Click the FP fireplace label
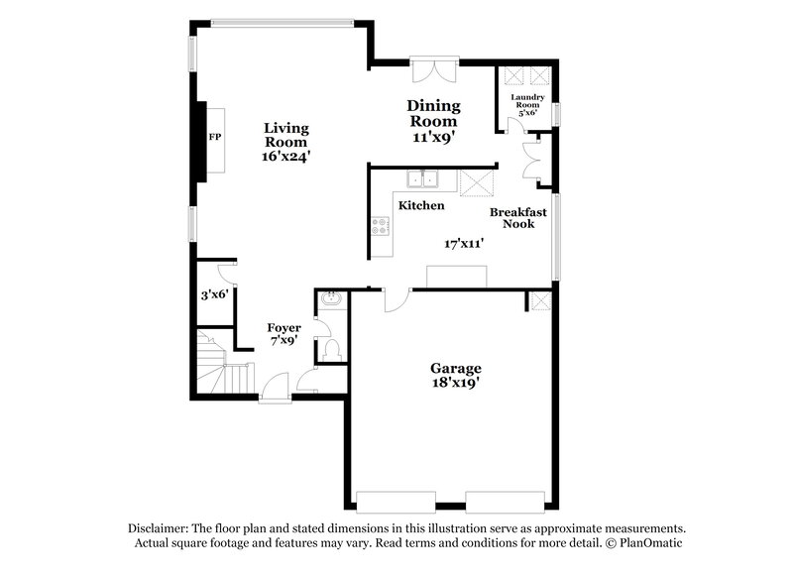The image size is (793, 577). click(x=213, y=138)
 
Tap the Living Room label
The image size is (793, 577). click(x=286, y=142)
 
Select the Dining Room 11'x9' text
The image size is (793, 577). click(x=433, y=122)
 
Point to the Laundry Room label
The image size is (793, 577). click(x=527, y=104)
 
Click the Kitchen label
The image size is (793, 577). click(x=421, y=206)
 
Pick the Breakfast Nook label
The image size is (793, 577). click(x=518, y=218)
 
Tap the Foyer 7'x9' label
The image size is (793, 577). click(x=284, y=334)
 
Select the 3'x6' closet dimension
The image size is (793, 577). click(x=214, y=294)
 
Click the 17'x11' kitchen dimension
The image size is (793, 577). click(x=464, y=243)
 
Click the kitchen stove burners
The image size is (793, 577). click(x=380, y=227)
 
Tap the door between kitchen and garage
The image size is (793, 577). click(x=395, y=298)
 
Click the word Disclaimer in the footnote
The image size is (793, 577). click(x=159, y=528)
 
